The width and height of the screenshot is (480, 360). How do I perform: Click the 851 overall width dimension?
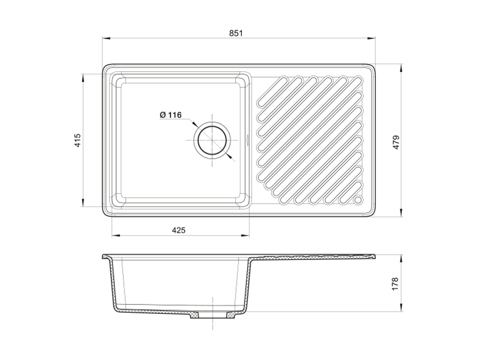(x=236, y=33)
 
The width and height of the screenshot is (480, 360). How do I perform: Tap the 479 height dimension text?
(x=396, y=142)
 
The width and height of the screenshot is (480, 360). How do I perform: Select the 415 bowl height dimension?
(x=78, y=140)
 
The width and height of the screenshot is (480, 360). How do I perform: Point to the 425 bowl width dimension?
(x=179, y=230)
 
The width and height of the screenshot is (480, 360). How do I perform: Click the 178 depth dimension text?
(x=395, y=284)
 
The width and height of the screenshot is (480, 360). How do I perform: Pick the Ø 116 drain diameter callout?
(x=170, y=115)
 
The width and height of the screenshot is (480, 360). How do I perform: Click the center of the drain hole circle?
(x=212, y=140)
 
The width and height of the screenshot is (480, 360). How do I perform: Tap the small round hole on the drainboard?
(x=358, y=200)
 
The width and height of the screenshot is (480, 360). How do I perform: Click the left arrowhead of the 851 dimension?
(x=106, y=38)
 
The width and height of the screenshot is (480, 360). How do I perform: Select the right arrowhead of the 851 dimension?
(x=372, y=38)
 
